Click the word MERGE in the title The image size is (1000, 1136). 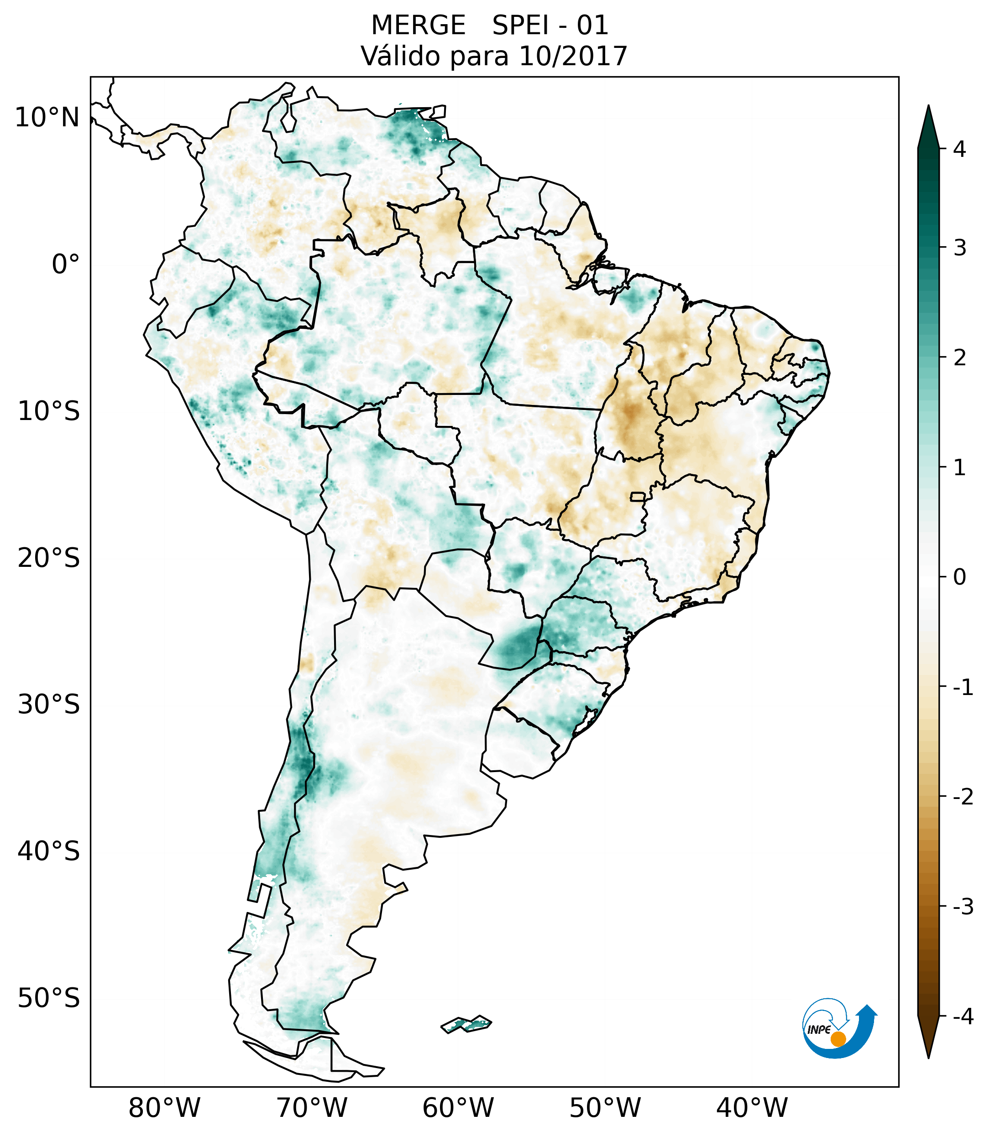click(x=418, y=26)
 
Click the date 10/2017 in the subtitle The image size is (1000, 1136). click(x=573, y=56)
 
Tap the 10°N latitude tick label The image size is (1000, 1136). click(x=47, y=118)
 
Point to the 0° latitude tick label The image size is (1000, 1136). click(x=66, y=265)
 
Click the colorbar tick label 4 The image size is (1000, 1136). click(x=959, y=149)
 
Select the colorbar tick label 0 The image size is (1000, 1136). click(x=959, y=577)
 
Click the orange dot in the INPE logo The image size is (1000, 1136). click(x=838, y=1039)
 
